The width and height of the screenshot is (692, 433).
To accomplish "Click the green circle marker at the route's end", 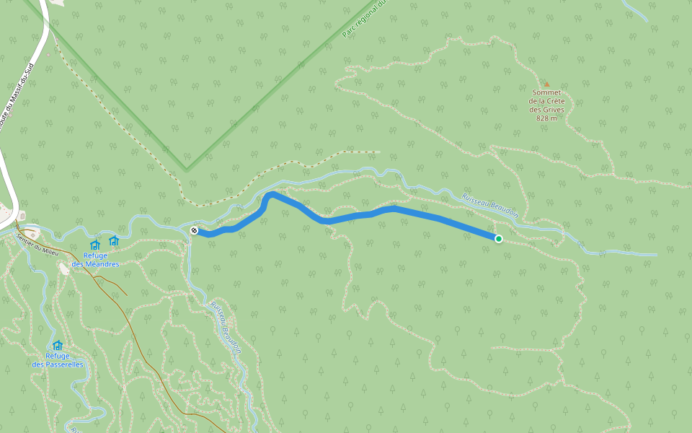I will point(498,238).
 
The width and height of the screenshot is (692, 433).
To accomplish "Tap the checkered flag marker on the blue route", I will point(194,230).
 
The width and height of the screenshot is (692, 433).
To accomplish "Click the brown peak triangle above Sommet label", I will point(546,84).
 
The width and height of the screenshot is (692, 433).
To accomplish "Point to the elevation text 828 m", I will point(547,118).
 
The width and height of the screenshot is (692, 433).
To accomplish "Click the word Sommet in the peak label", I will point(547,92).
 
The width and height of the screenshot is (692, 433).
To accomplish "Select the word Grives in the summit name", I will point(553,110).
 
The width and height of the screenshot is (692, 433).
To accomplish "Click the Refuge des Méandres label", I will point(95,260).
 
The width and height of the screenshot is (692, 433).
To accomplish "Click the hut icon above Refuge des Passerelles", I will point(58,345).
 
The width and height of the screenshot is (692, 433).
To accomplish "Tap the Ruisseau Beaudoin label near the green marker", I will point(491,205).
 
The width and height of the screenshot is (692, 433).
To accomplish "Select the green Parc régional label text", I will point(366,18).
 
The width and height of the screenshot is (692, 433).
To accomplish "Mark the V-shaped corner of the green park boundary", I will point(187,170).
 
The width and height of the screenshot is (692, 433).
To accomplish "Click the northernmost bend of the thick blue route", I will point(271,193).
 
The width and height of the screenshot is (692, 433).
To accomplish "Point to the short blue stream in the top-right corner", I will point(635,10).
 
